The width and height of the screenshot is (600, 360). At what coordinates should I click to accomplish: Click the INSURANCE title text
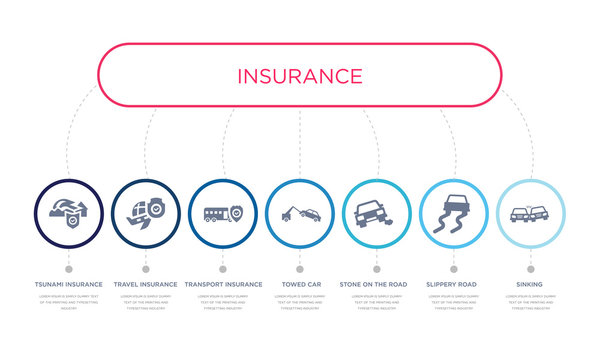[x=300, y=76]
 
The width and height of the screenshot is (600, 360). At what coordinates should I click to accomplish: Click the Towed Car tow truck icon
[x=299, y=213]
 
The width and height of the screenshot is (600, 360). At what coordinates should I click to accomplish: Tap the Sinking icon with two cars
[x=529, y=214]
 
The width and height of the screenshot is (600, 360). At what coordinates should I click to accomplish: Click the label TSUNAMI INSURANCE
[x=68, y=284]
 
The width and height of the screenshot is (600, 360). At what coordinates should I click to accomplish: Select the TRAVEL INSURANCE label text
[x=145, y=284]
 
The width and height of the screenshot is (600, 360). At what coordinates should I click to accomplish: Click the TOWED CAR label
[x=299, y=284]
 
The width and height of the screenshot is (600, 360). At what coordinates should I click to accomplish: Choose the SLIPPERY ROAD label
[x=453, y=284]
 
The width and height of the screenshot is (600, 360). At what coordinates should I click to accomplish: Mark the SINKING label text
[x=530, y=284]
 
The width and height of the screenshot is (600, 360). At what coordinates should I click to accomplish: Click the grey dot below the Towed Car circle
[x=299, y=268]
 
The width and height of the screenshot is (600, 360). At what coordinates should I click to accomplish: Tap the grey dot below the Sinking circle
[x=530, y=268]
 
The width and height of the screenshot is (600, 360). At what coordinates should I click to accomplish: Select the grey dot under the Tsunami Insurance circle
[x=68, y=268]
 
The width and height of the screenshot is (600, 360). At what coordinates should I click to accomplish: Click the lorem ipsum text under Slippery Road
[x=453, y=303]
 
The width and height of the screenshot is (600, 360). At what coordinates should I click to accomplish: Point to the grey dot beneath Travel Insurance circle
[x=145, y=268]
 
